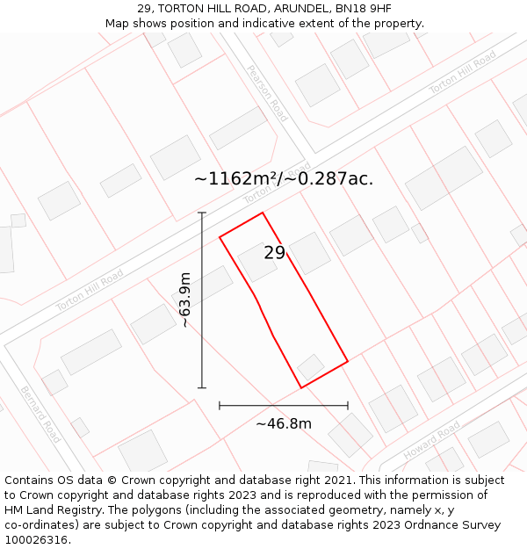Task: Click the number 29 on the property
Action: (x=275, y=253)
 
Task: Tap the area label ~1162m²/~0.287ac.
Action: (x=284, y=179)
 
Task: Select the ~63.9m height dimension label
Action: (x=185, y=300)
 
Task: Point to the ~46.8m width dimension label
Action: (x=284, y=424)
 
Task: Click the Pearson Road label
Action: (x=267, y=93)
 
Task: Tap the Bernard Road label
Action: (x=40, y=414)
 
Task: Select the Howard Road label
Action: (x=432, y=440)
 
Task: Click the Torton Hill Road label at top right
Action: (x=462, y=73)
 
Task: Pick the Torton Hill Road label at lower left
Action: (x=89, y=291)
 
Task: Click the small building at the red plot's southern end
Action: (x=311, y=366)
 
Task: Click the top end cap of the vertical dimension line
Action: (x=202, y=213)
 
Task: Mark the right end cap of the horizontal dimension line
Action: (x=348, y=406)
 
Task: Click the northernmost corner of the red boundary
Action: (x=263, y=213)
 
